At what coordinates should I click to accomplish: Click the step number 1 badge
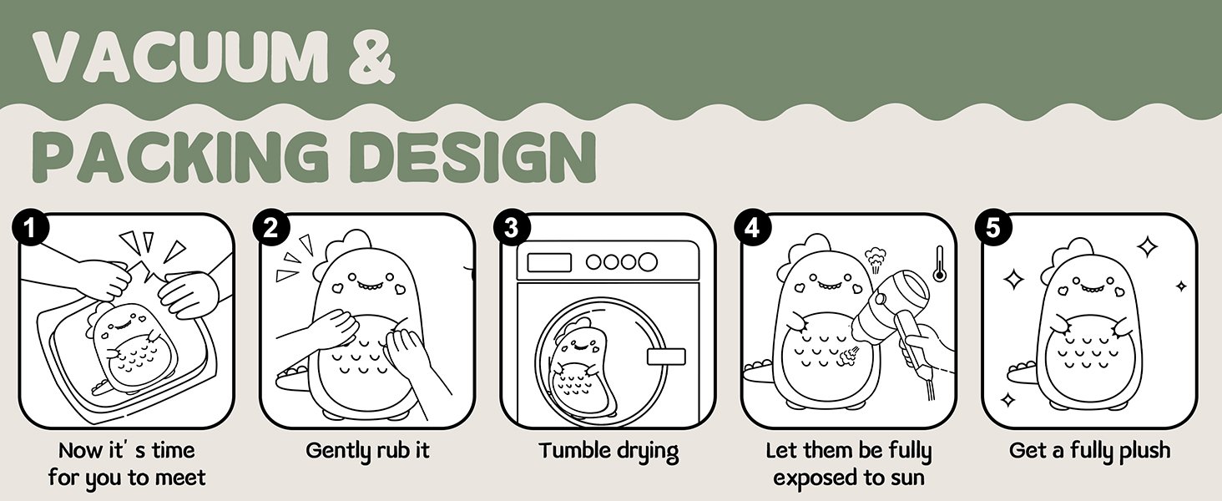pos(30,228)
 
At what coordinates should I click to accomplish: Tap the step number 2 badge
pos(271,228)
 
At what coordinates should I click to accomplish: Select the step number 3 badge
pos(512,228)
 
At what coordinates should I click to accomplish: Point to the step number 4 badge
pos(753,228)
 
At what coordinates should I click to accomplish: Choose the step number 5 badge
pos(994,228)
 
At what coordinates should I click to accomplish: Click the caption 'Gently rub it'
pos(368,452)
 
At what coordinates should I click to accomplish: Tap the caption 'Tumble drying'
pos(608,452)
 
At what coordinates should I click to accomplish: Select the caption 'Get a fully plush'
pos(1090,452)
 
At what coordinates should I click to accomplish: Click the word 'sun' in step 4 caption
pos(906,478)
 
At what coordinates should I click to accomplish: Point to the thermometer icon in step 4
pos(939,264)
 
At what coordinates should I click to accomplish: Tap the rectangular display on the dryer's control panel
pos(548,262)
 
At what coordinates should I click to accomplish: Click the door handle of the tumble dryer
pos(666,357)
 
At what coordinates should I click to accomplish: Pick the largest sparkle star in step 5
pos(1147,246)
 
